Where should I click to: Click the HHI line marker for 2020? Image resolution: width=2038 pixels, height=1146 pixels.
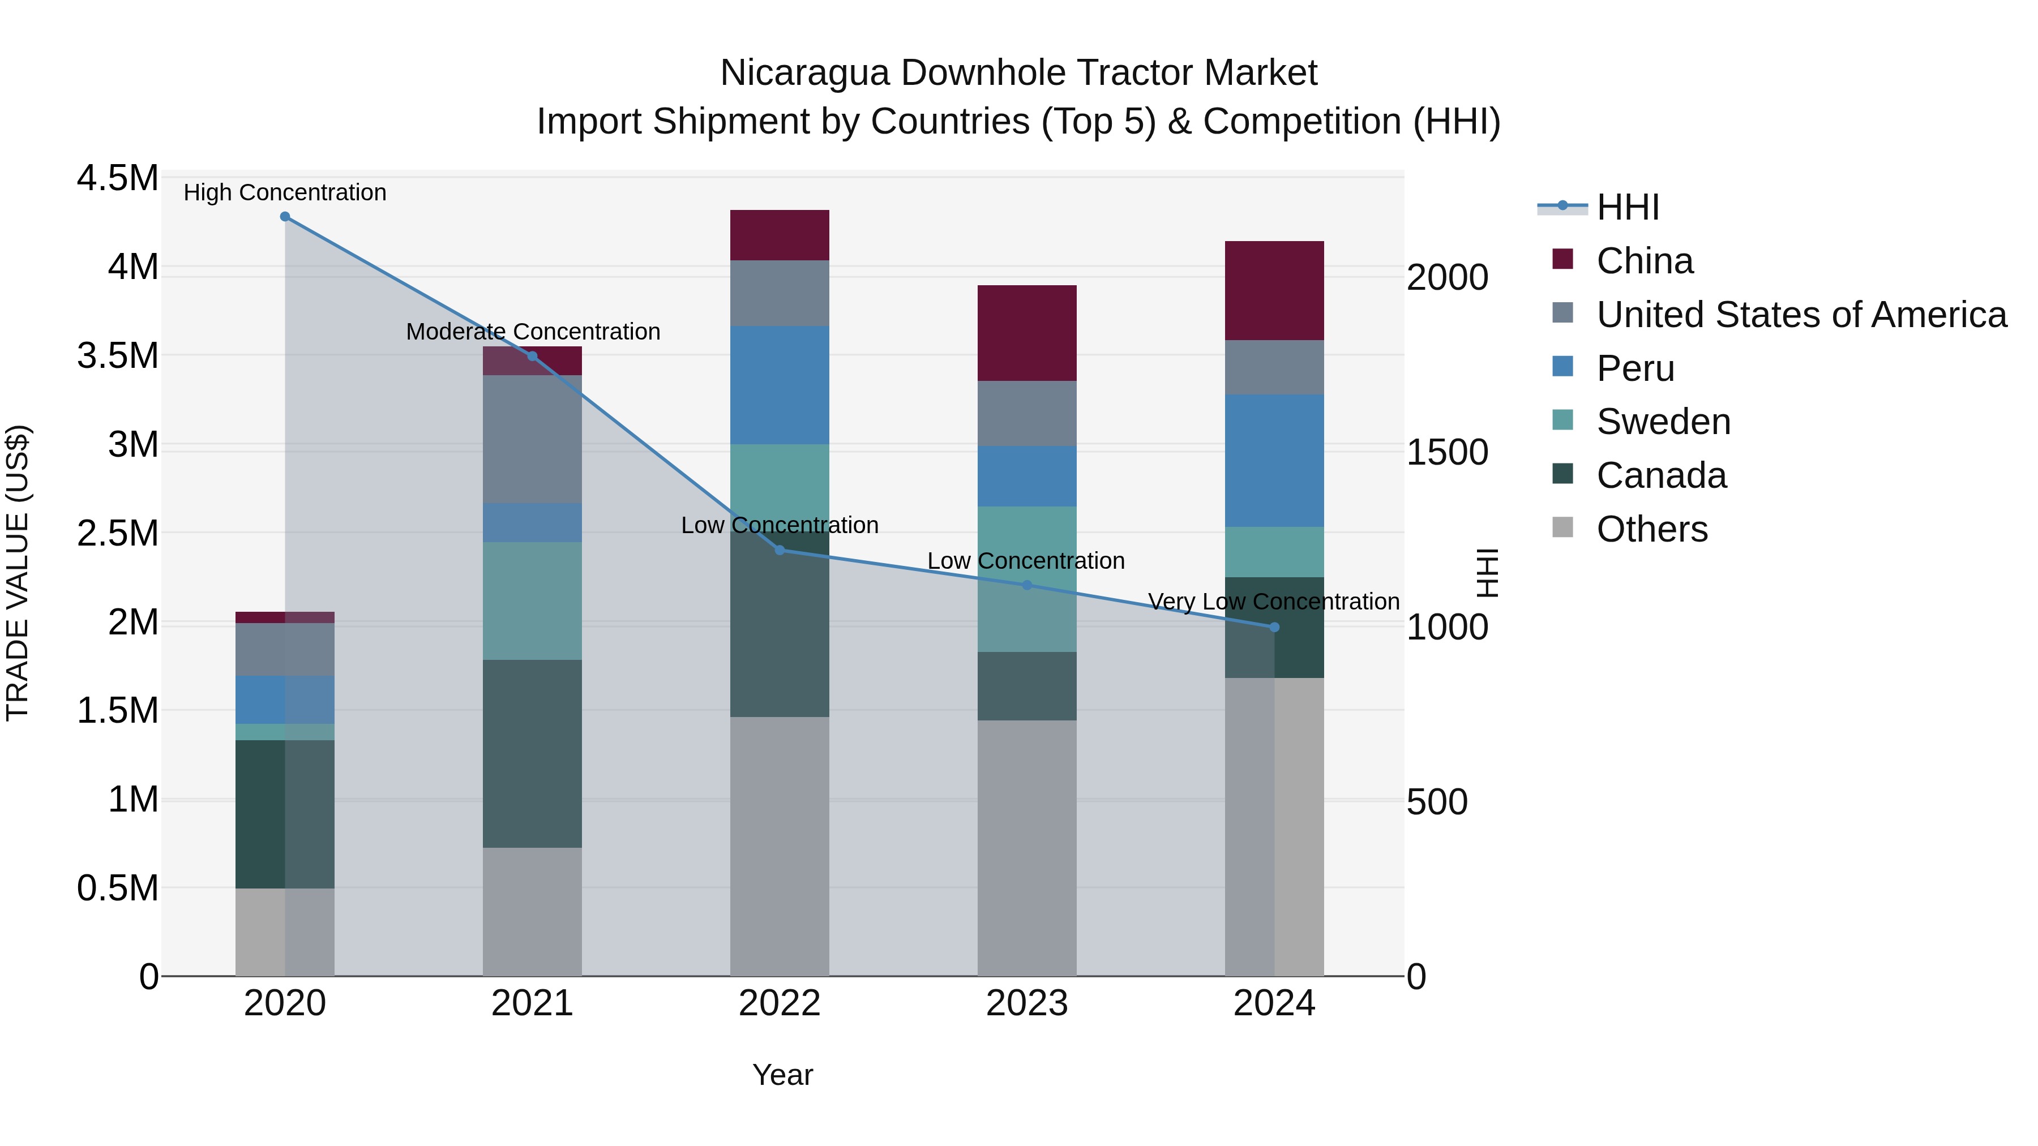pos(285,216)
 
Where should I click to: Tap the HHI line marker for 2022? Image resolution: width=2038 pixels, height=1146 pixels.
pos(780,550)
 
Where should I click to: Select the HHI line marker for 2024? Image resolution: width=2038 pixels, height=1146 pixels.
pos(1274,627)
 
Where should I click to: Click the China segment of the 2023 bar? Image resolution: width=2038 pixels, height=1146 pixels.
pos(1027,333)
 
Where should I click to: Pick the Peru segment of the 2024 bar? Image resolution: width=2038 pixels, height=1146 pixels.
pos(1274,461)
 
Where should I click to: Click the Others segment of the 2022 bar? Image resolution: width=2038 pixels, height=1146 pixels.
pos(780,846)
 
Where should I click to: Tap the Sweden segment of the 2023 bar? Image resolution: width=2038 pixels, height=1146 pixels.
pos(1027,579)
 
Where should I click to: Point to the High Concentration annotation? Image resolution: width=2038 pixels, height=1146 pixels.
pos(285,192)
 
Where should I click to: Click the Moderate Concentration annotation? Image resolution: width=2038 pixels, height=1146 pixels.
pos(533,332)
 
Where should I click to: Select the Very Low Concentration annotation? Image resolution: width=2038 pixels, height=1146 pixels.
pos(1274,602)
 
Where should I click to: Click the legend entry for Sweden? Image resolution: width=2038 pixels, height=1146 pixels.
pos(1663,422)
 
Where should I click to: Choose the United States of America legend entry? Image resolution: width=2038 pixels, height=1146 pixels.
pos(1801,315)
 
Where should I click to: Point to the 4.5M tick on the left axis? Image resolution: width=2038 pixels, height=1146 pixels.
pos(117,178)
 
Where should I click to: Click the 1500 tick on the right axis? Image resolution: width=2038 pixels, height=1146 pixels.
pos(1447,452)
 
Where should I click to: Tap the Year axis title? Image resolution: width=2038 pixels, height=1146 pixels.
pos(782,1075)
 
